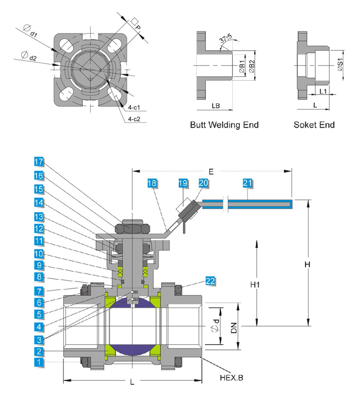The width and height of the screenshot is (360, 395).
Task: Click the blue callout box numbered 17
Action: click(39, 162)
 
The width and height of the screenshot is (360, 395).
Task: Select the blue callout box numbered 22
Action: click(210, 281)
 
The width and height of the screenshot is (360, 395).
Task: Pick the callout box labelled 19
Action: click(183, 183)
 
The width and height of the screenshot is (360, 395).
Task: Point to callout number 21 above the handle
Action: click(247, 183)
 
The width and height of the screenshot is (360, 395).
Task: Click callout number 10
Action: click(39, 253)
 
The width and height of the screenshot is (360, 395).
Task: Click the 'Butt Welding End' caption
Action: click(224, 125)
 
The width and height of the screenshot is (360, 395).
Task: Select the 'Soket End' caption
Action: click(314, 125)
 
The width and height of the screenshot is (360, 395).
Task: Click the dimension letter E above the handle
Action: click(211, 172)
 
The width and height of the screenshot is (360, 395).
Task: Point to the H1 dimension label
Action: click(255, 285)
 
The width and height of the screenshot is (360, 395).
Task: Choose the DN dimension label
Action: click(234, 326)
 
